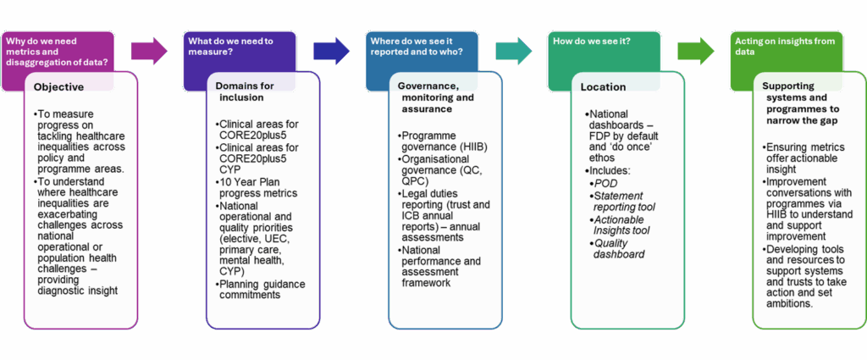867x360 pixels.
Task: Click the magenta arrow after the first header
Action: (x=149, y=52)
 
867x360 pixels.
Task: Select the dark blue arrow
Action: (x=332, y=52)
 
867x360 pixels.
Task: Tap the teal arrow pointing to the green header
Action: (x=514, y=52)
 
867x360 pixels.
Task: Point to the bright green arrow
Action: (x=696, y=52)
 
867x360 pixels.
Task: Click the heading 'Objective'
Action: (x=58, y=86)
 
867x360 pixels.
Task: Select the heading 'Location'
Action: (x=603, y=86)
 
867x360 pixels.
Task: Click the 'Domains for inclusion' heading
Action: (x=245, y=91)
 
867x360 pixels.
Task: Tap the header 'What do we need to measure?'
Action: (x=230, y=46)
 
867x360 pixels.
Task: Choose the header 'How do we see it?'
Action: (x=591, y=41)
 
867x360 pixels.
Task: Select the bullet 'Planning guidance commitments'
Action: (x=259, y=289)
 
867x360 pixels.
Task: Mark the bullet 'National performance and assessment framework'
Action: (x=439, y=266)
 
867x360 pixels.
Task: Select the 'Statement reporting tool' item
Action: (x=621, y=201)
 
